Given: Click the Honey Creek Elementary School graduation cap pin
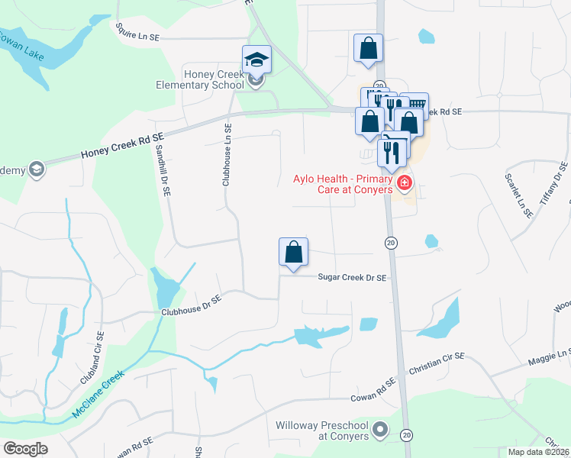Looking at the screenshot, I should [257, 60].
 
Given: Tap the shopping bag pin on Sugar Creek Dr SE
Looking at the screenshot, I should [294, 251].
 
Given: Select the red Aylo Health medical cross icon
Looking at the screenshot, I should [404, 183].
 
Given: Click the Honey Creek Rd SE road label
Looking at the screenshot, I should [122, 146].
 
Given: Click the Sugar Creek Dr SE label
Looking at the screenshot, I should [352, 278].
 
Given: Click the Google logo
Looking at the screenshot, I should [25, 449].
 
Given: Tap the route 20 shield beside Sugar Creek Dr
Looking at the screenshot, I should [390, 242].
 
